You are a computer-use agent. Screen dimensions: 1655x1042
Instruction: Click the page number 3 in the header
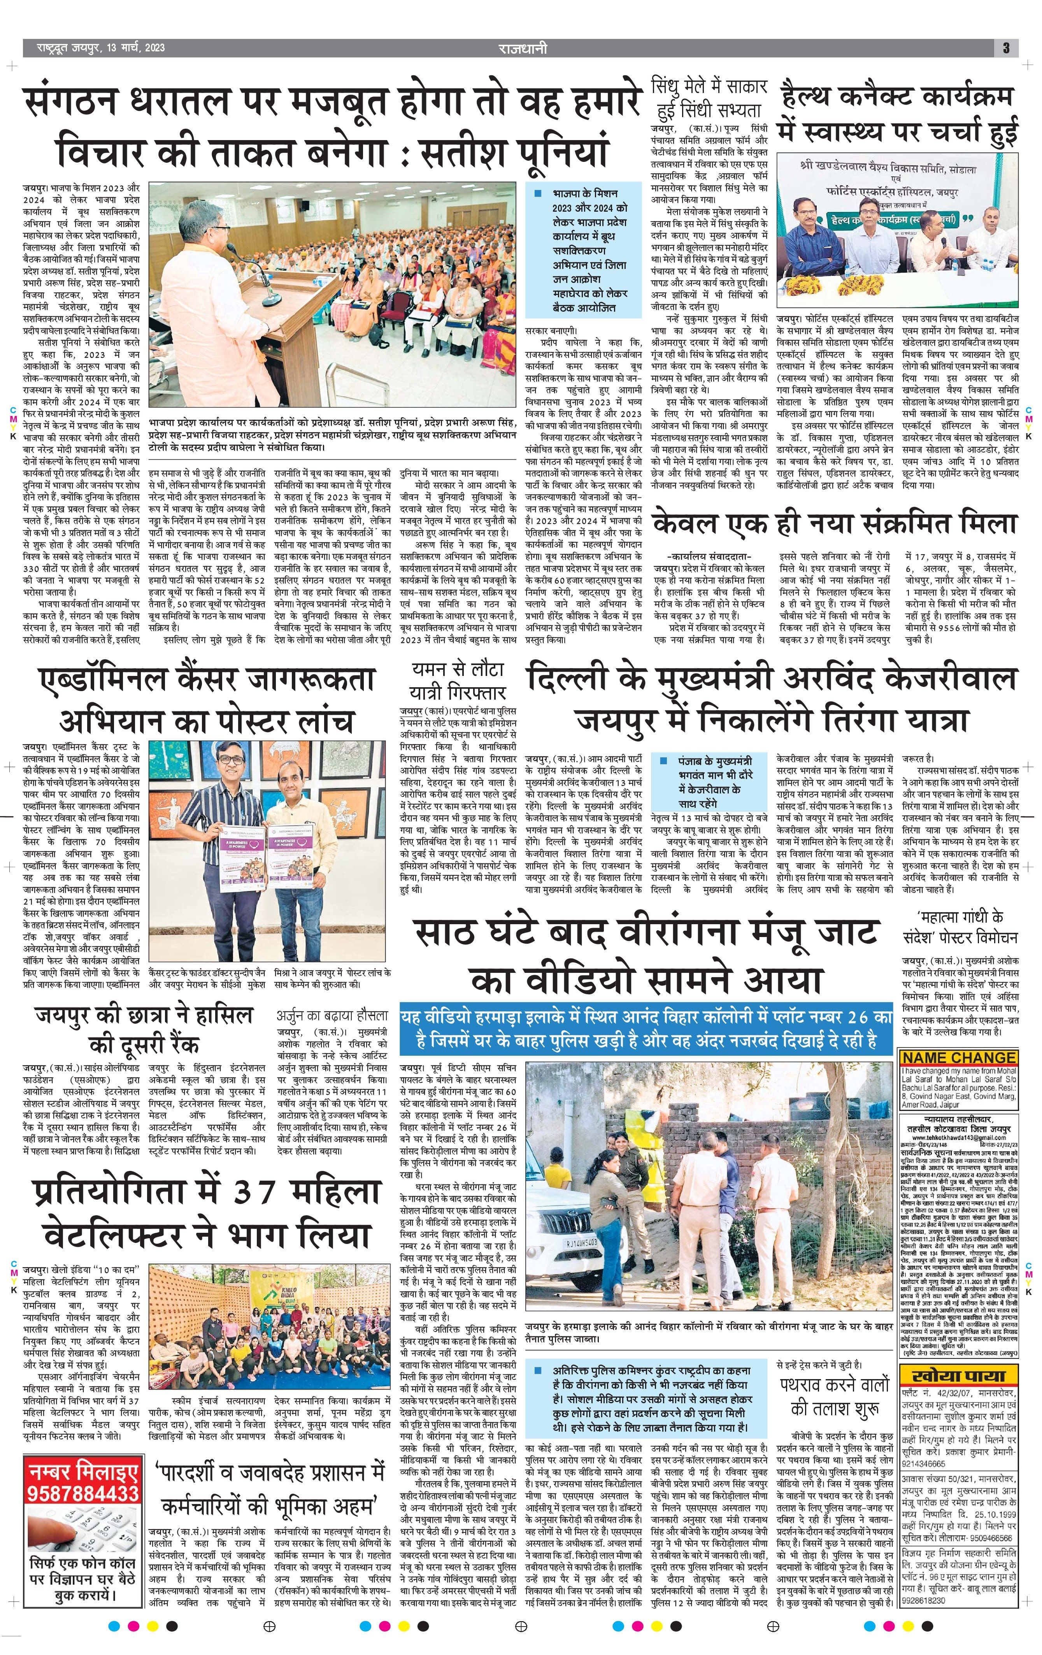point(1005,47)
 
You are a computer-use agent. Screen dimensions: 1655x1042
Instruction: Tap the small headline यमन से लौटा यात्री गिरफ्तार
point(457,681)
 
